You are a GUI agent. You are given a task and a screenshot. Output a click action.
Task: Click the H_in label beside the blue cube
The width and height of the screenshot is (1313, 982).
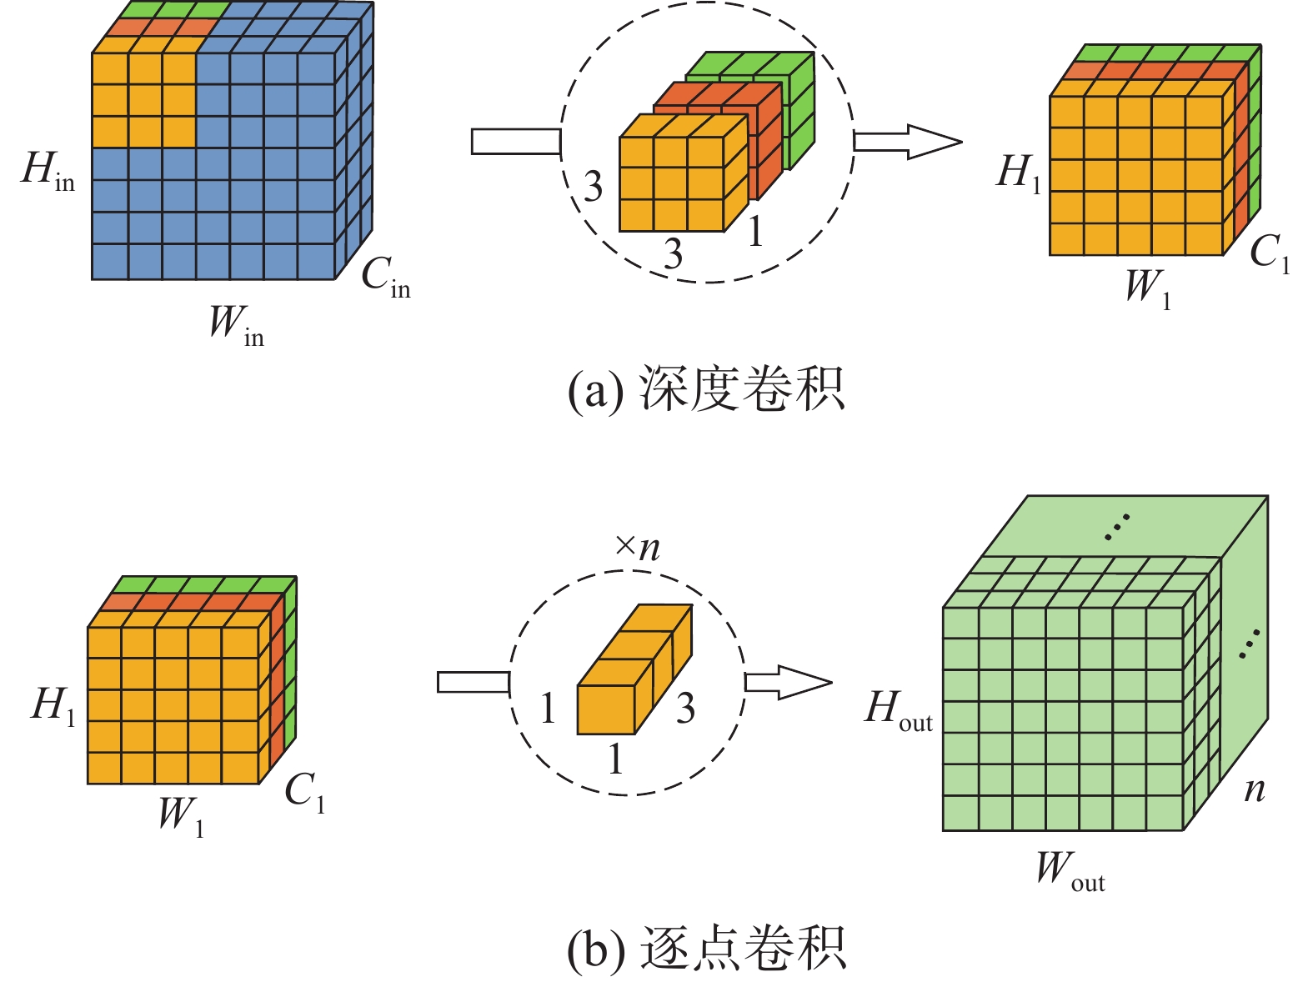click(x=48, y=171)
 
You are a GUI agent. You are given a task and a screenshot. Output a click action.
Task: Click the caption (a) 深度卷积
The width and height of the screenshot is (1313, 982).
click(x=705, y=389)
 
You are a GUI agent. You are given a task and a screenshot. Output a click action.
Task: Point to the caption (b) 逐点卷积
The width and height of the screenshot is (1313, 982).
click(x=705, y=948)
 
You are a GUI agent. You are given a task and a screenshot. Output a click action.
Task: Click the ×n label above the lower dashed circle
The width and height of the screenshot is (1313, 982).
click(x=638, y=547)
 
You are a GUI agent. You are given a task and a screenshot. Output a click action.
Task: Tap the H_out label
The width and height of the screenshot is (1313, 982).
click(x=898, y=711)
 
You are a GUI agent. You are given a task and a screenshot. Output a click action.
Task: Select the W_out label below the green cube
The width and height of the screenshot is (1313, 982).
click(x=1070, y=870)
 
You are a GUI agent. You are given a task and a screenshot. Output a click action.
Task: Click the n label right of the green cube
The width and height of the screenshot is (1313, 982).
click(x=1254, y=789)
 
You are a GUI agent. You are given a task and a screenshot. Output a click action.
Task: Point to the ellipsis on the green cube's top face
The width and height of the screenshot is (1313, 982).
click(x=1115, y=527)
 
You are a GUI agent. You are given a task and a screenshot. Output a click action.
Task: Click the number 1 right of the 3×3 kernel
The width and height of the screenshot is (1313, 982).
click(x=755, y=232)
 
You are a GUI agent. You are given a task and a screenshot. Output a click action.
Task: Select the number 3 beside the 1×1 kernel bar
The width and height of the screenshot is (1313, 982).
click(x=685, y=709)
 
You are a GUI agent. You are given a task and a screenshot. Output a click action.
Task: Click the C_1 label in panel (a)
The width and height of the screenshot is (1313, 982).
click(x=1270, y=253)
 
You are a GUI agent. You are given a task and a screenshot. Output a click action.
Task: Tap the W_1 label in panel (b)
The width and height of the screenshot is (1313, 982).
click(x=181, y=816)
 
